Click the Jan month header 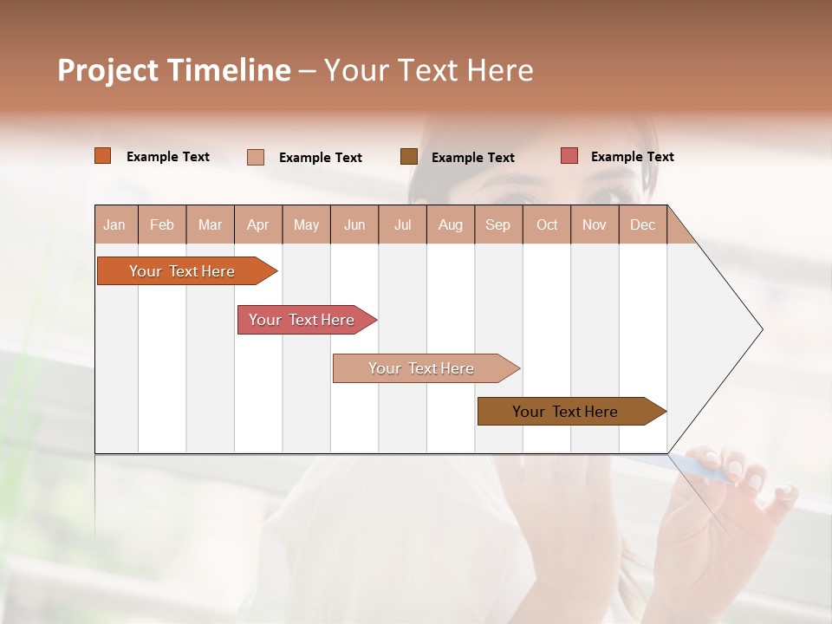(114, 225)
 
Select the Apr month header (257, 225)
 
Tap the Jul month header (402, 225)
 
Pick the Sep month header (497, 225)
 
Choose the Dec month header (642, 225)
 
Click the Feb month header (162, 225)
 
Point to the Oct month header (547, 225)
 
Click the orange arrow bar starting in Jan (182, 271)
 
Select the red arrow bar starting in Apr (302, 320)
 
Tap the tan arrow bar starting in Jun (421, 368)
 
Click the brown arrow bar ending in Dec (565, 412)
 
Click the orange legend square (103, 156)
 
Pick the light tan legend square (256, 157)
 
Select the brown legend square (409, 156)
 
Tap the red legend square (569, 156)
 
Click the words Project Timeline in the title (173, 70)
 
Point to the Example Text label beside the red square (632, 157)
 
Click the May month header (306, 225)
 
